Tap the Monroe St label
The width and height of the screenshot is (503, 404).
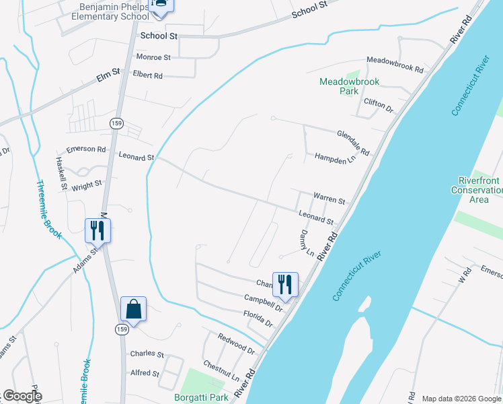[x=153, y=58]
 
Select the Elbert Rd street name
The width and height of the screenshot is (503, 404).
[x=148, y=75]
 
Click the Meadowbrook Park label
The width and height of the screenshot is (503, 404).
[x=349, y=86]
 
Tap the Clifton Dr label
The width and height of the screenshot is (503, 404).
[x=377, y=105]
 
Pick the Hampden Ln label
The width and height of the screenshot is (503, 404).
[x=334, y=159]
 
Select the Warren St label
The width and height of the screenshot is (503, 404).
[x=329, y=201]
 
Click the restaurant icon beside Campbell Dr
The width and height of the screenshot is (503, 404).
[x=285, y=283]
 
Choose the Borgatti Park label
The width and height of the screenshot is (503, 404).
[x=200, y=398]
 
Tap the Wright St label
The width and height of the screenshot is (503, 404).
[x=88, y=182]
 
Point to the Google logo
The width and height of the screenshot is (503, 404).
[x=22, y=396]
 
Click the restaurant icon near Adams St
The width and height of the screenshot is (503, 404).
[x=98, y=230]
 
